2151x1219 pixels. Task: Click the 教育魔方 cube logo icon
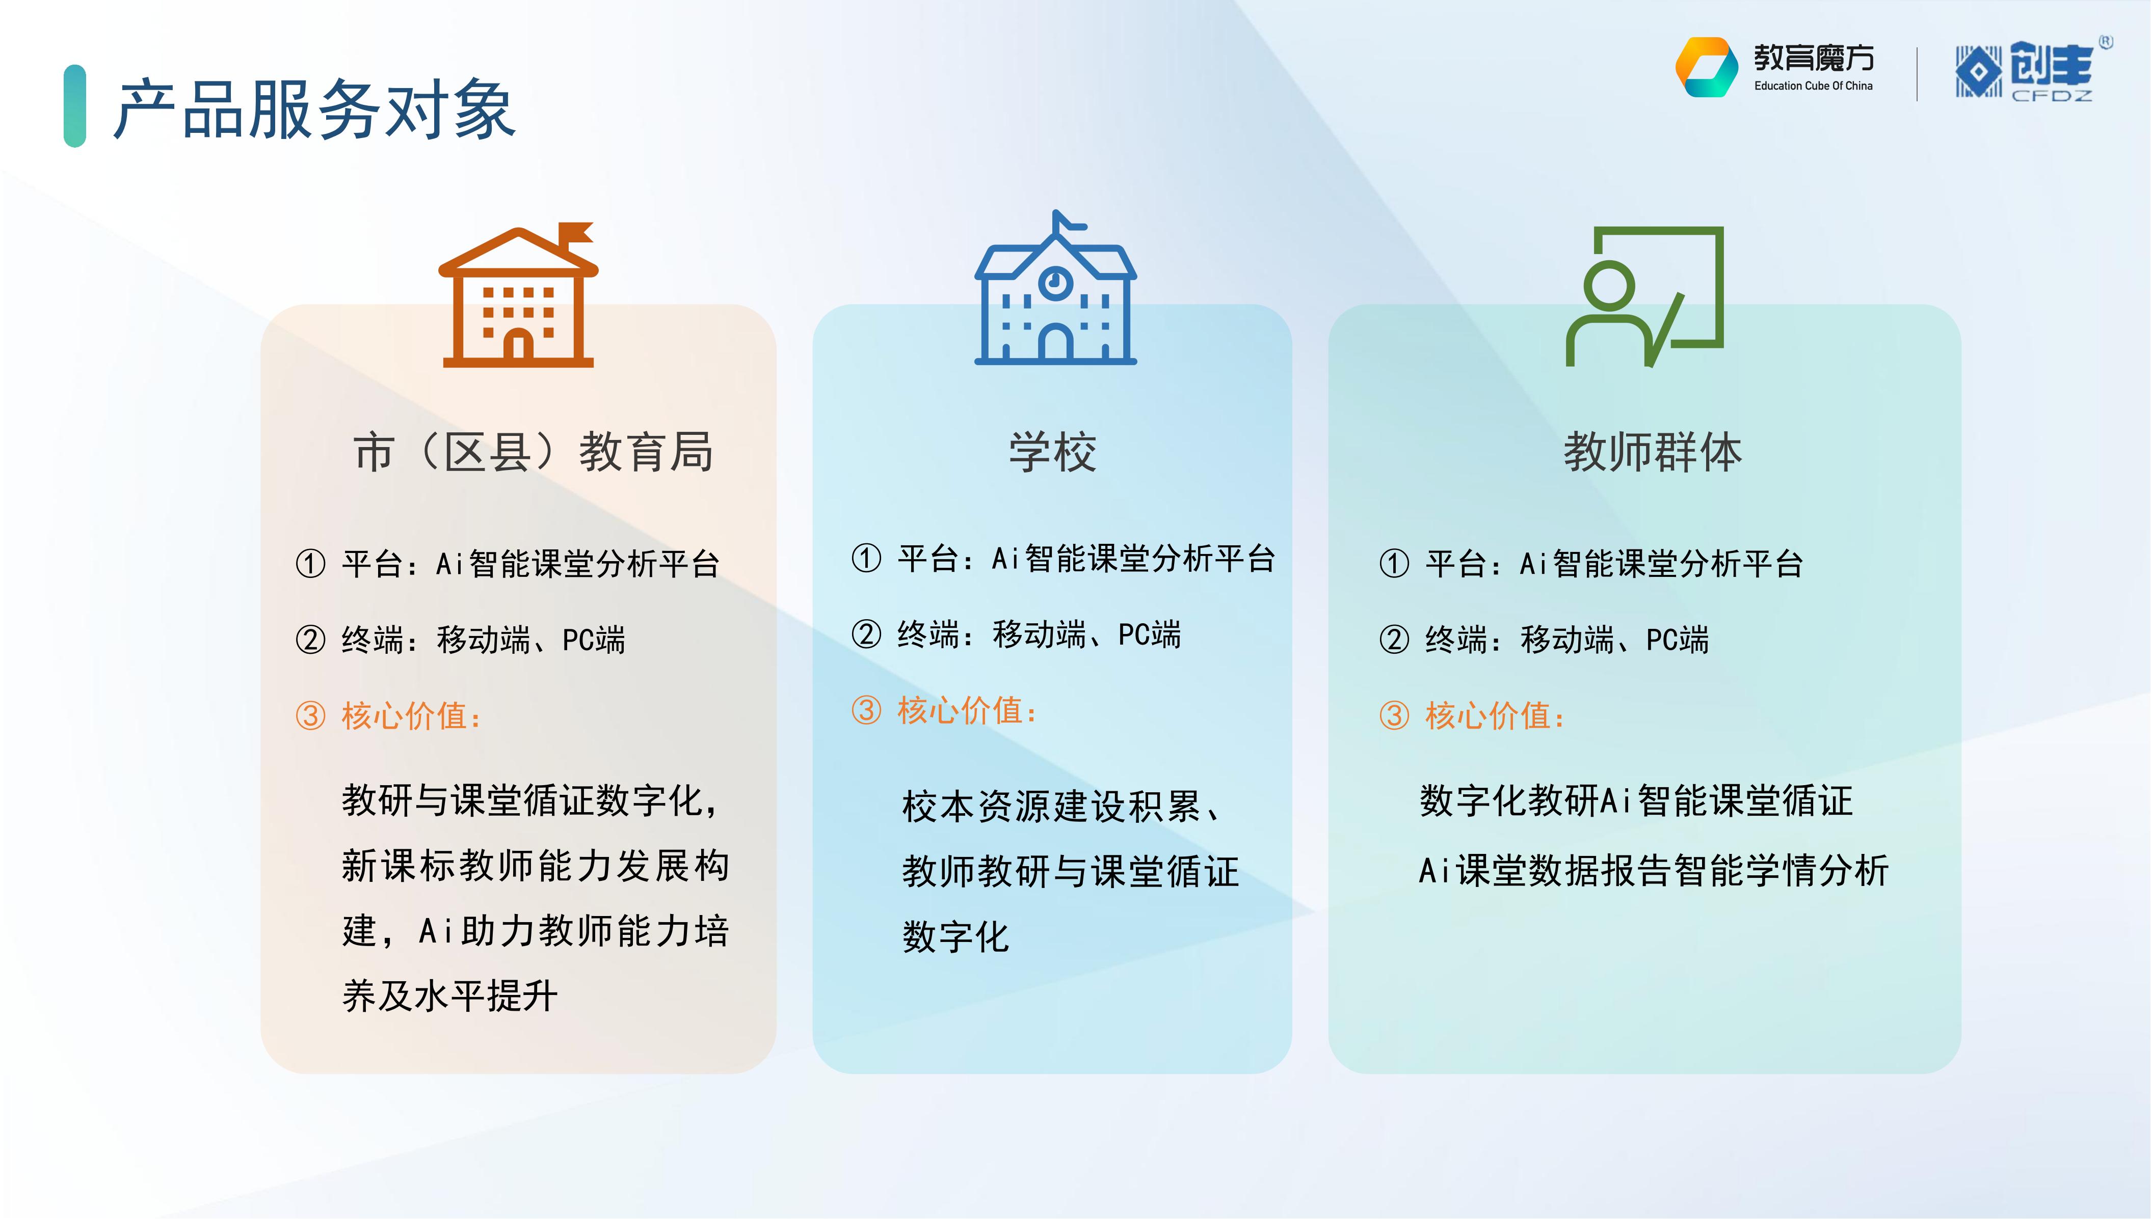click(1706, 67)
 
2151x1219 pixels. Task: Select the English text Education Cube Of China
click(1814, 86)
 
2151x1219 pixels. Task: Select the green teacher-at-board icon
click(1644, 296)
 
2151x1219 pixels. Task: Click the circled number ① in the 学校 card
click(866, 559)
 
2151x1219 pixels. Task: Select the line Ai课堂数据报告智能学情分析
click(1654, 871)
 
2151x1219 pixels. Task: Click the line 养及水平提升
click(450, 995)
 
